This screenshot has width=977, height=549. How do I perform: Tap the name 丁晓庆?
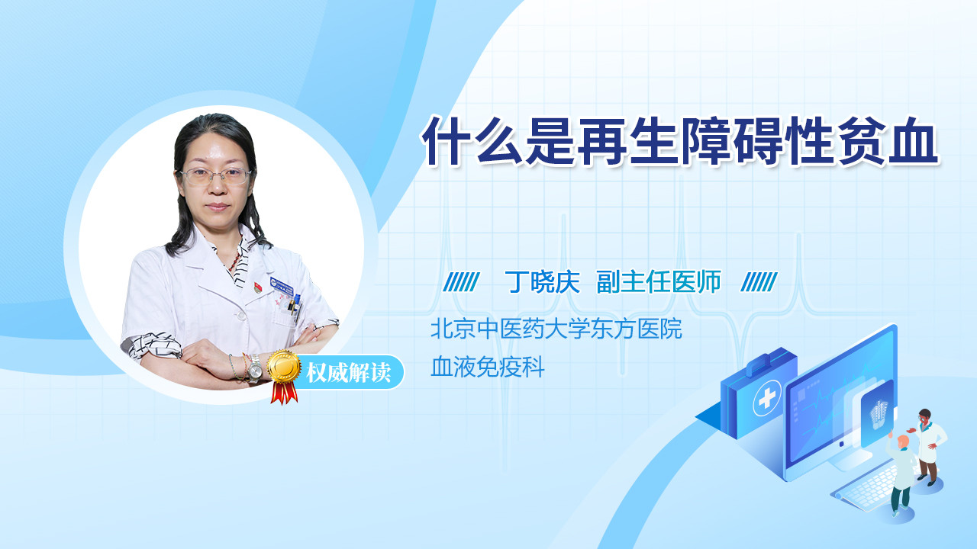543,282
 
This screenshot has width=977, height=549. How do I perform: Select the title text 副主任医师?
659,282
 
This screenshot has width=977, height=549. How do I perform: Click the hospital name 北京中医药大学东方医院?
556,329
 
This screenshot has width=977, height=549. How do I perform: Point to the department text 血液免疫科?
488,367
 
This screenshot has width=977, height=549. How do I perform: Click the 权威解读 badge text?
348,373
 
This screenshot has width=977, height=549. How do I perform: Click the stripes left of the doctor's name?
462,282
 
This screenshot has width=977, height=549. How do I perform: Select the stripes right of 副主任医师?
759,282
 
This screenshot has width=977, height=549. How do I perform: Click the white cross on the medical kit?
767,398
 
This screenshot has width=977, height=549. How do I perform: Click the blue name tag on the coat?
282,285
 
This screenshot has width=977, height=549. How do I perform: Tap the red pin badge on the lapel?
258,287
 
